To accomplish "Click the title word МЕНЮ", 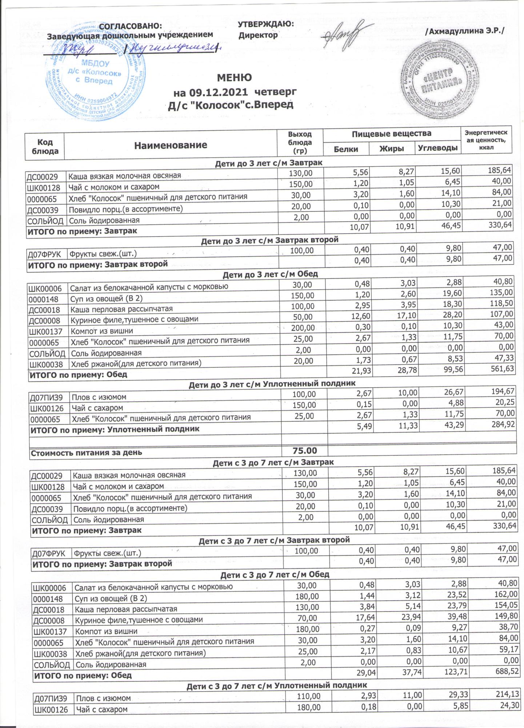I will click(234, 78).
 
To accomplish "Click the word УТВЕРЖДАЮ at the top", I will click(265, 24).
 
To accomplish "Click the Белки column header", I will click(346, 149).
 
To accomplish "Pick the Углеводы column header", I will click(437, 148).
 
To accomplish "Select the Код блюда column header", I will click(45, 146).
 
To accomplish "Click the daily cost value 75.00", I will click(305, 451).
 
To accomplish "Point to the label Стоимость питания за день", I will click(86, 453).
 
